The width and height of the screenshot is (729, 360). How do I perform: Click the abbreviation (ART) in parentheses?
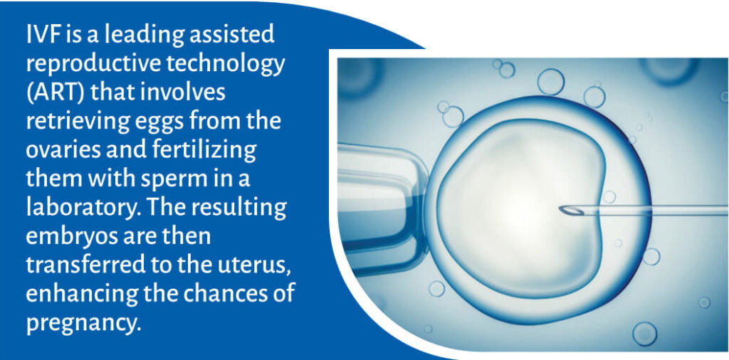[55, 92]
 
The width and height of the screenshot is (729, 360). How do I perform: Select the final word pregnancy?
[83, 324]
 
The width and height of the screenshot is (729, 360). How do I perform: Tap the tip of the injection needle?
[561, 211]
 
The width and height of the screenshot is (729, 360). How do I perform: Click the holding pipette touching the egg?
[382, 203]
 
